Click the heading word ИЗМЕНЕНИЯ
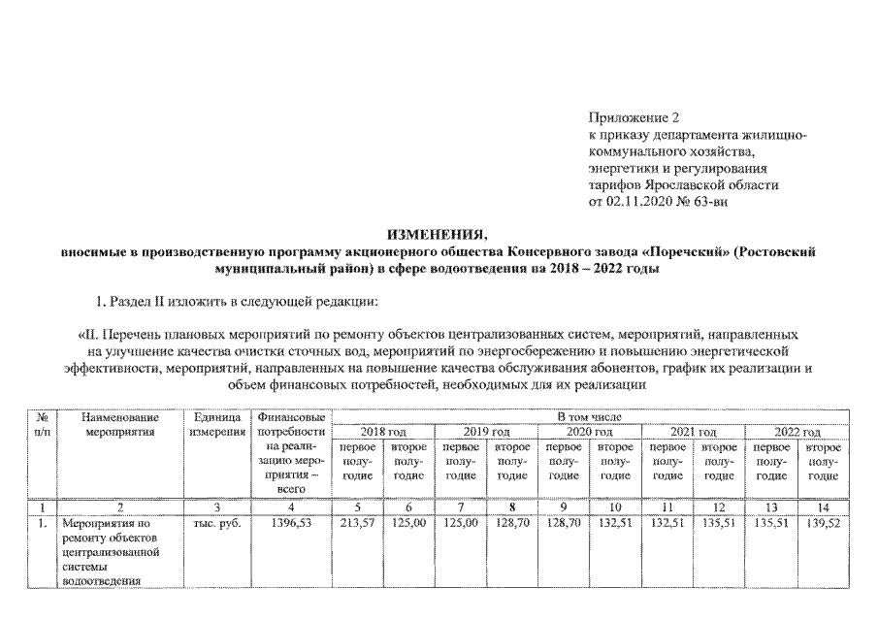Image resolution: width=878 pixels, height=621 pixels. (438, 235)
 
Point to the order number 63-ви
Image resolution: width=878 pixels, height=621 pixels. (712, 200)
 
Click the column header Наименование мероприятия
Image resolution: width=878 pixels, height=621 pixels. (119, 424)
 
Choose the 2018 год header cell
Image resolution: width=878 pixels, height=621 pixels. (383, 432)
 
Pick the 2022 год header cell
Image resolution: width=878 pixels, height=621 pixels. (797, 432)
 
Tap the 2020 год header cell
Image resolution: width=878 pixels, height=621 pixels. (590, 432)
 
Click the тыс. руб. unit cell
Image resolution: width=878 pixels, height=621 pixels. (214, 522)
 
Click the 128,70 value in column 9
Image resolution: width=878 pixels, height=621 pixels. (564, 522)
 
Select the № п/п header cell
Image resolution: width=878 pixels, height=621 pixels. (42, 424)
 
